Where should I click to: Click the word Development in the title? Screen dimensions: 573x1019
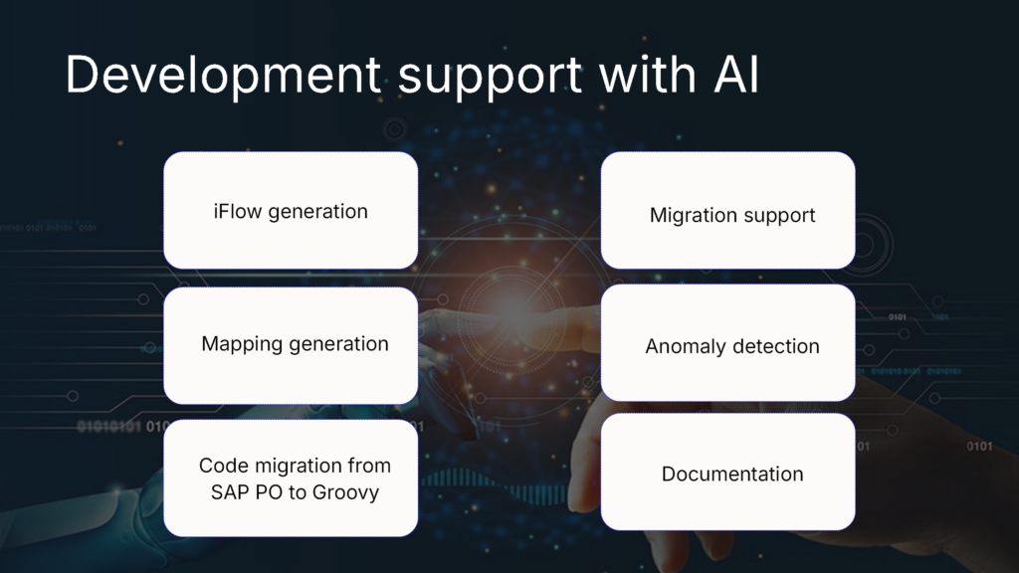tap(222, 76)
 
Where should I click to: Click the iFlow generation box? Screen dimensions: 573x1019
tap(291, 210)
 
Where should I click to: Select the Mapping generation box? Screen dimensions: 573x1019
tap(291, 345)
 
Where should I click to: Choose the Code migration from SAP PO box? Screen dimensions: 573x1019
tap(291, 478)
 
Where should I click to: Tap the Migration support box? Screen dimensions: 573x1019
tap(727, 210)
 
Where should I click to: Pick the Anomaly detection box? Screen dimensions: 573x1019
tap(727, 345)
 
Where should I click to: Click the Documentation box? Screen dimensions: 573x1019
tap(727, 473)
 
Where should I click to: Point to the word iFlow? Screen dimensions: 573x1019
tap(236, 211)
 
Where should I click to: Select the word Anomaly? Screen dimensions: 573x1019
tap(685, 346)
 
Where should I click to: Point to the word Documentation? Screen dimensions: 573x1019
tap(732, 474)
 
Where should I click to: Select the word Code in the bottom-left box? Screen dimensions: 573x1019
tap(222, 466)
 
